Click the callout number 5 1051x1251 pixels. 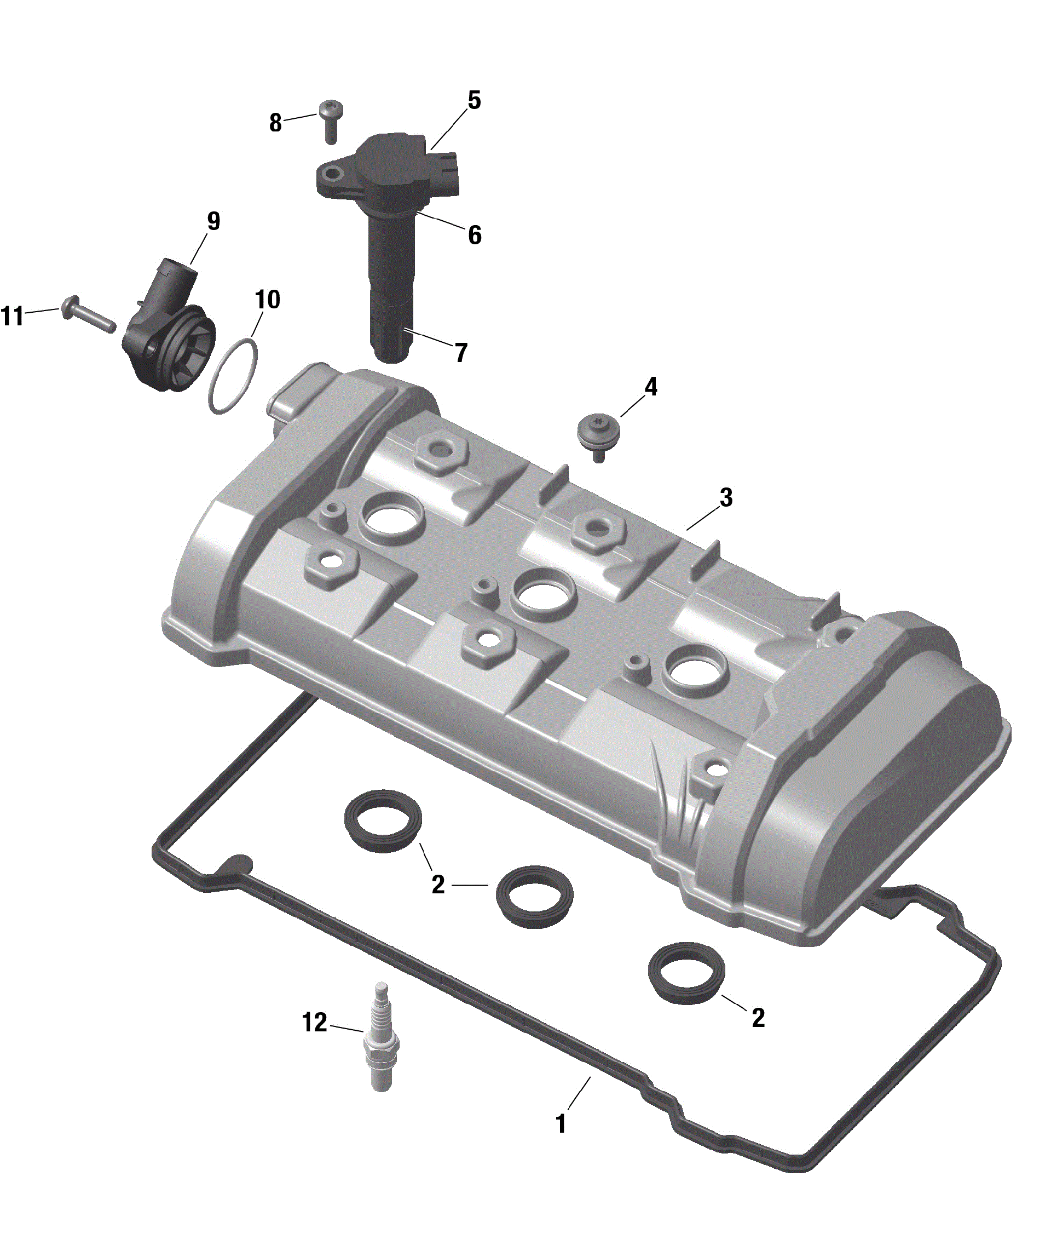point(473,100)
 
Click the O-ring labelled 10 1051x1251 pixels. point(233,376)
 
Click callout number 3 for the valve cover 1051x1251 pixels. point(726,498)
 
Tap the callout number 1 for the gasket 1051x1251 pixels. point(560,1123)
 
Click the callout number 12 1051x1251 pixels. point(315,1022)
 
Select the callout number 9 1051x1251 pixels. point(213,221)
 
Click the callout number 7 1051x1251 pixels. point(460,353)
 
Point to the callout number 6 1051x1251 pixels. point(474,235)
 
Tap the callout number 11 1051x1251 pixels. point(13,316)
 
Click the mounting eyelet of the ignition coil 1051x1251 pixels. point(330,174)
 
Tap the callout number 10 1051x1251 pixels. point(267,299)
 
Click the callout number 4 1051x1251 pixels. point(651,387)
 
